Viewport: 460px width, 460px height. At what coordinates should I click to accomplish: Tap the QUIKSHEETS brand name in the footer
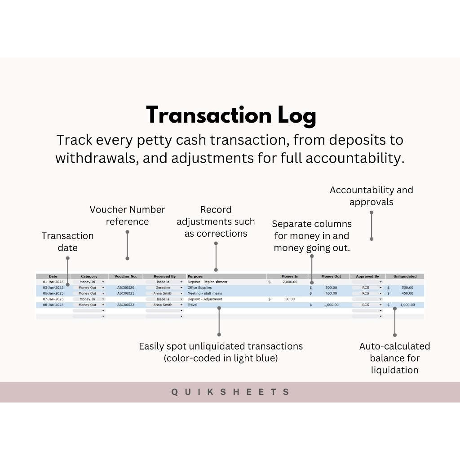(230, 392)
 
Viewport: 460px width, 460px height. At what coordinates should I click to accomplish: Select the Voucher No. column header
(125, 276)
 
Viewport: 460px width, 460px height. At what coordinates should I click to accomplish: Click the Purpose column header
(195, 276)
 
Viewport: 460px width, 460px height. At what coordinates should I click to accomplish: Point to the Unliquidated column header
(405, 276)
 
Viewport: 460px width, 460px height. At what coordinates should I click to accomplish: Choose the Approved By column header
(367, 276)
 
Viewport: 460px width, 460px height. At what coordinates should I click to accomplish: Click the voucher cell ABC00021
(126, 293)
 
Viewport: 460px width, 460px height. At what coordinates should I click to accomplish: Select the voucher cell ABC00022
(126, 305)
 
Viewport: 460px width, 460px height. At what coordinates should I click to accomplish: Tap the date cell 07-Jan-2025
(53, 299)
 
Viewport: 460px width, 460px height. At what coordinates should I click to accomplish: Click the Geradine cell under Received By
(163, 287)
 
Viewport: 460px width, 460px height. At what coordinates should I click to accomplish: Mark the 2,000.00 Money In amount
(290, 282)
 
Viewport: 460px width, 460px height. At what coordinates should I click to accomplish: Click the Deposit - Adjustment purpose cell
(205, 299)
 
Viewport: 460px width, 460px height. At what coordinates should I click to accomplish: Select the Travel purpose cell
(192, 305)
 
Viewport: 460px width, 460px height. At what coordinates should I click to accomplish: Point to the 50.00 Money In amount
(290, 299)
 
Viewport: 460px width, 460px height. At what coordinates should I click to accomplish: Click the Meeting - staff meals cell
(205, 293)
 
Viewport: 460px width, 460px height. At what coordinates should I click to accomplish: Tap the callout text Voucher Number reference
(127, 216)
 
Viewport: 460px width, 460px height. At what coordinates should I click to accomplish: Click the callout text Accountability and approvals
(371, 196)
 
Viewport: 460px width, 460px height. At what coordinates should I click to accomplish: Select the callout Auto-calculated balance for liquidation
(394, 358)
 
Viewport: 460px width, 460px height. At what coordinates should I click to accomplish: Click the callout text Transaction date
(67, 242)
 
